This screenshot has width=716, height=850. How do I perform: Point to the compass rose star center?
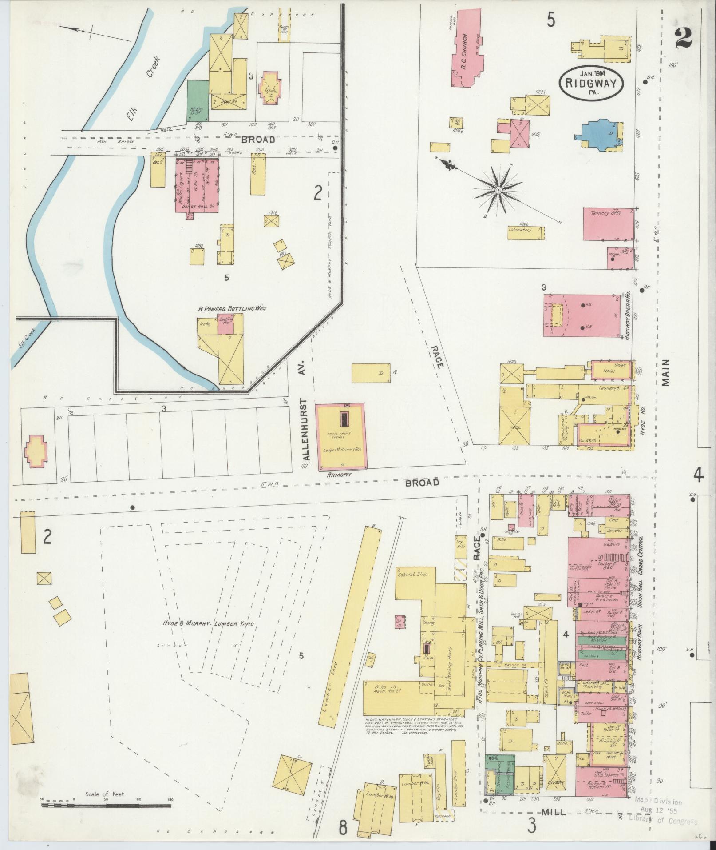coord(498,190)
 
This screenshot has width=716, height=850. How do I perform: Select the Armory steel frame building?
coord(341,436)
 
